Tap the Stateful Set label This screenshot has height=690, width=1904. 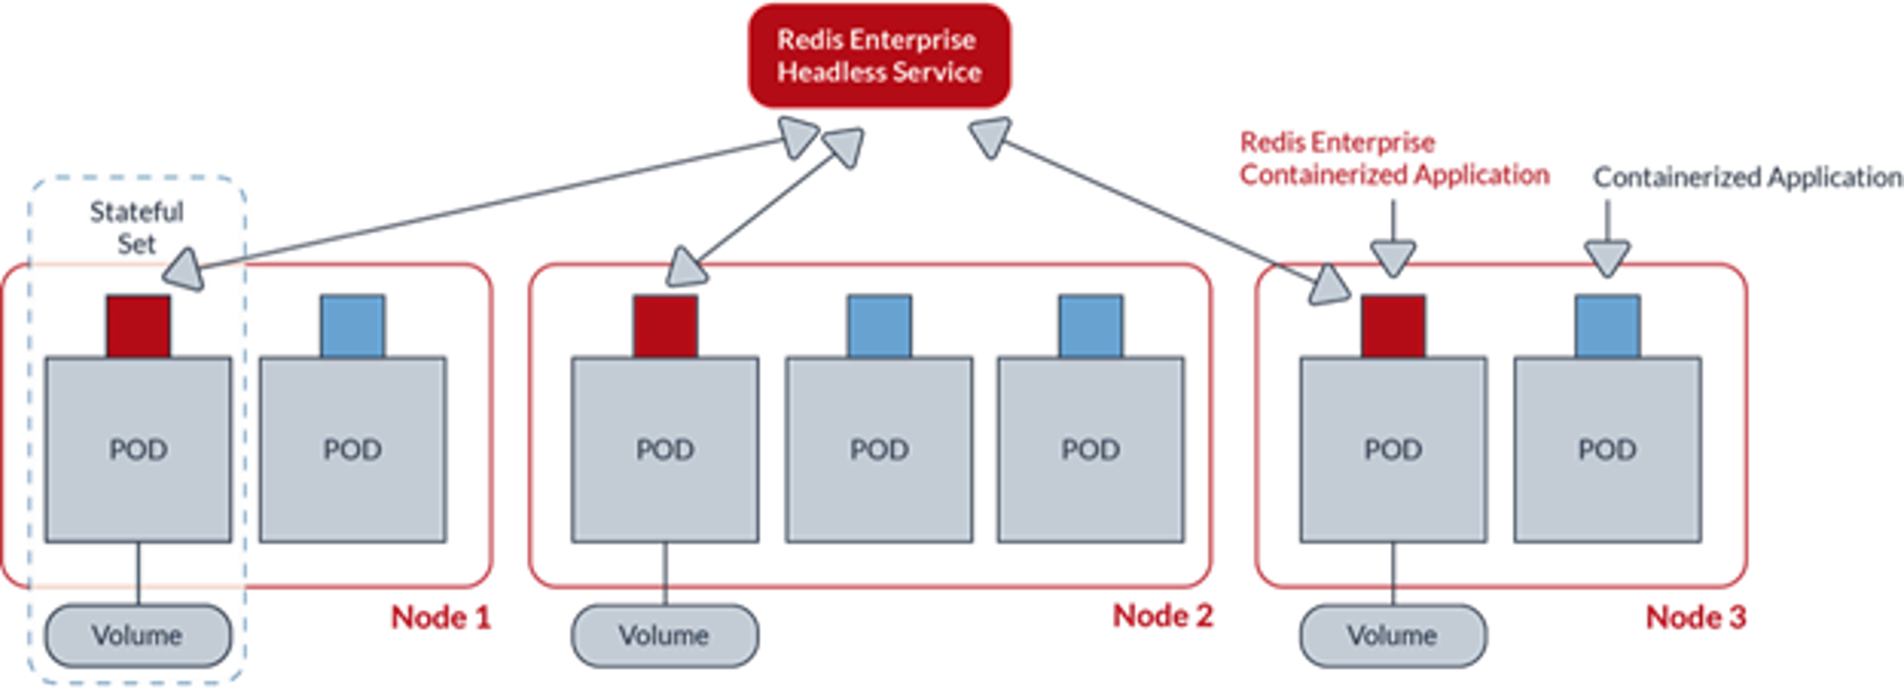point(137,228)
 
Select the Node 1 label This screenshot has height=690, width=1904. point(440,617)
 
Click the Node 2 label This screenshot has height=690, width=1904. point(1163,616)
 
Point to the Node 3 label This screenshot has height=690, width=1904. point(1696,617)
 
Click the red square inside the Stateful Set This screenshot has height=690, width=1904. point(138,326)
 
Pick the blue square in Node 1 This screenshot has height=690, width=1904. point(353,325)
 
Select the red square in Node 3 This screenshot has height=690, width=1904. point(1392,325)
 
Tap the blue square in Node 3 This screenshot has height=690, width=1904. point(1607,325)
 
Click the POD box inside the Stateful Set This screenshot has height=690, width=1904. point(138,449)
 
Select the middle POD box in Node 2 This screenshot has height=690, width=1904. point(879,449)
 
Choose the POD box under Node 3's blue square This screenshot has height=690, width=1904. point(1607,449)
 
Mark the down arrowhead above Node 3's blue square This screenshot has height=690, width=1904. point(1607,259)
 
